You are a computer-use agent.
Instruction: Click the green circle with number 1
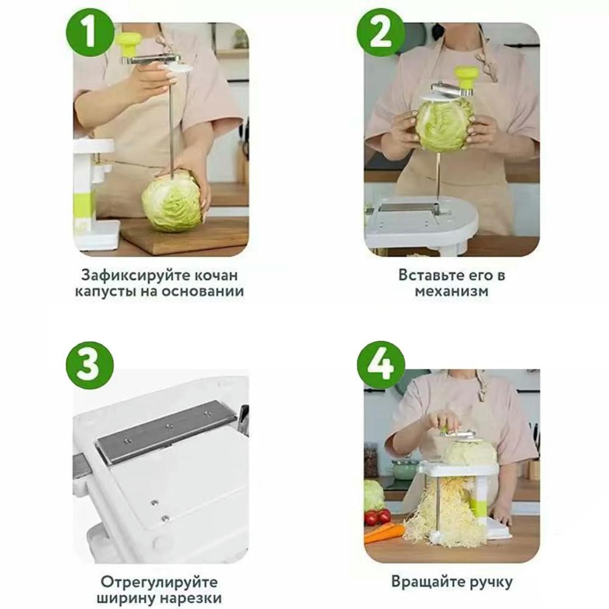90,33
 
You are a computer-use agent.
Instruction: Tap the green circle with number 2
381,33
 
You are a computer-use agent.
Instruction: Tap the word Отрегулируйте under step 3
159,582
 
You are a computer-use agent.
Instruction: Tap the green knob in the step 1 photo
129,43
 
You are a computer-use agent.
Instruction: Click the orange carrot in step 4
384,533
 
